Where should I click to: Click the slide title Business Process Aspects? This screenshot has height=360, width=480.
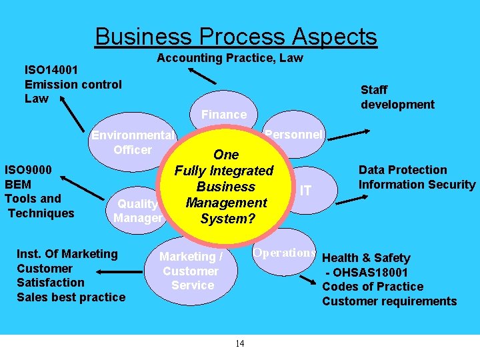pos(236,36)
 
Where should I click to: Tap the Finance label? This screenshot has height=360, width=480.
pos(223,115)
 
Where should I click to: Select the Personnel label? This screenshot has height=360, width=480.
pos(293,134)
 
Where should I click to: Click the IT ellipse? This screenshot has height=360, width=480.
pos(305,191)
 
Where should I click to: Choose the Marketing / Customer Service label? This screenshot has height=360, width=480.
pos(191,271)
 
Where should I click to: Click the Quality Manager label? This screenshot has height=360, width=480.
pos(138,211)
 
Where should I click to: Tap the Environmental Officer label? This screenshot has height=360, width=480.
pos(133,143)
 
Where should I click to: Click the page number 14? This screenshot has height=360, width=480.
pos(240,343)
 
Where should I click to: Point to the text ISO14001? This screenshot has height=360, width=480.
pos(52,69)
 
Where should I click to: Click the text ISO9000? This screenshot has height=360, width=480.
pos(34,169)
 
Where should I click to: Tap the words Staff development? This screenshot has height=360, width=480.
pos(397,97)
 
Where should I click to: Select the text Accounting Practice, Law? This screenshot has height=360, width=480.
pos(230,58)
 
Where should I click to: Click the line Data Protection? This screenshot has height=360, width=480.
pos(403,170)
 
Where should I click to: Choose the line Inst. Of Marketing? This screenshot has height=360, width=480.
pos(67,254)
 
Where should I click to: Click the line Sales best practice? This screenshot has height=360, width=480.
pos(71,297)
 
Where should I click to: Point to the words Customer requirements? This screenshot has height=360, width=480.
pos(389,301)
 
